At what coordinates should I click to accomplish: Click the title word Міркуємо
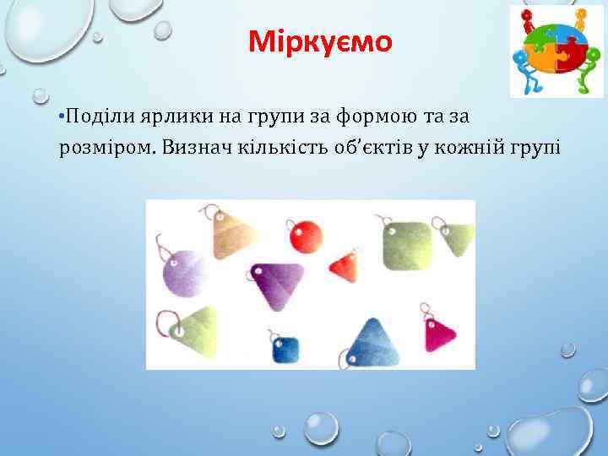click(320, 41)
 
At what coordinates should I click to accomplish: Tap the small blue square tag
click(286, 348)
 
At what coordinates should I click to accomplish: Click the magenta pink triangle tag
click(439, 336)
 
